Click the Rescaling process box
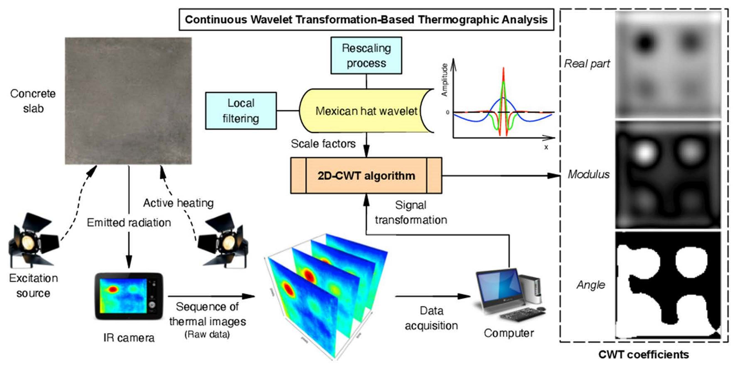[366, 55]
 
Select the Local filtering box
[241, 111]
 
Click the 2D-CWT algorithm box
[366, 176]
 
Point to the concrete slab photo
[128, 101]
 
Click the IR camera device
[129, 296]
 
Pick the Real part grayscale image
[668, 65]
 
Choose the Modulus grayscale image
[668, 175]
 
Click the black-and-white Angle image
[668, 285]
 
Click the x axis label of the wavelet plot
[546, 147]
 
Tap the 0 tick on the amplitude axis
[448, 112]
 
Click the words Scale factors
[323, 144]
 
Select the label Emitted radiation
[129, 222]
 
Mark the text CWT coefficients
[643, 355]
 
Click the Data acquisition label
[431, 318]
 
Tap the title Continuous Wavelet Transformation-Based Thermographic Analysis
[366, 19]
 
